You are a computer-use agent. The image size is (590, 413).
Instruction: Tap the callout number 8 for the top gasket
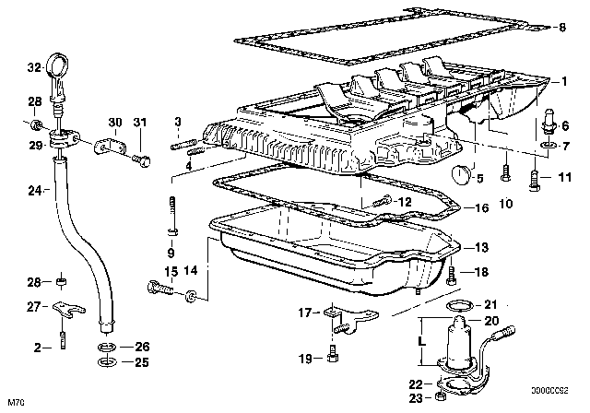(x=561, y=27)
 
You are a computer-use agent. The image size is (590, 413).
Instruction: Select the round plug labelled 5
(x=461, y=174)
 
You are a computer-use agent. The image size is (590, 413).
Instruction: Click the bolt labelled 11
(x=535, y=181)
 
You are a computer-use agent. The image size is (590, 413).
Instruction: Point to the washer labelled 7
(x=547, y=145)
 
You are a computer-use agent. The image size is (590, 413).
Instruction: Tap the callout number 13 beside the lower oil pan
(x=481, y=247)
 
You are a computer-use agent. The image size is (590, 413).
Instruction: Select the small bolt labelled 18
(x=451, y=275)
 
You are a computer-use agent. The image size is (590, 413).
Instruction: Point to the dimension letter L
(x=422, y=341)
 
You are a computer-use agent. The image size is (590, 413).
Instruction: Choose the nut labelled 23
(x=440, y=396)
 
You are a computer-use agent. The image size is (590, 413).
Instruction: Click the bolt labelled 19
(x=332, y=354)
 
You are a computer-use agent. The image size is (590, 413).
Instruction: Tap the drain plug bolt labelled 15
(x=160, y=288)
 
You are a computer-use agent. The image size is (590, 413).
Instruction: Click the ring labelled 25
(x=107, y=362)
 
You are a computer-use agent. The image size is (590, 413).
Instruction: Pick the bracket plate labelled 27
(x=68, y=309)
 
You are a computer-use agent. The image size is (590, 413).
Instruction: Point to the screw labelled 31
(x=141, y=160)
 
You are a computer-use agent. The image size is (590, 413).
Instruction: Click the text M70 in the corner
(x=16, y=403)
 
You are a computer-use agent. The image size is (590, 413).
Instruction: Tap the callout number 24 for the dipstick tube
(x=35, y=191)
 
